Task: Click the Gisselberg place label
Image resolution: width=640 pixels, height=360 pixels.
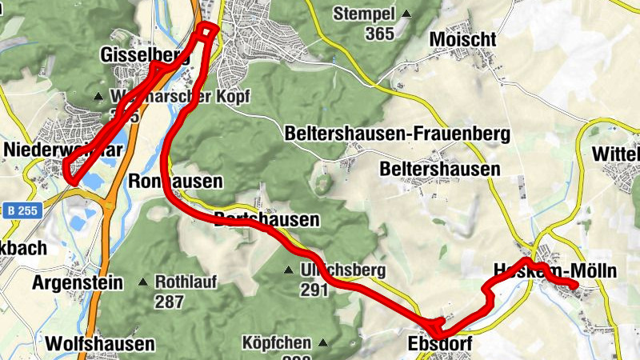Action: coord(144,55)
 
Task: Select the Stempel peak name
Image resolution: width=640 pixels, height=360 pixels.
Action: coord(365,14)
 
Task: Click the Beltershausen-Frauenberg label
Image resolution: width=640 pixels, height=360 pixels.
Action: coord(398,134)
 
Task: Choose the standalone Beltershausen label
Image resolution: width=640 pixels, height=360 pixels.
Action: coord(441,170)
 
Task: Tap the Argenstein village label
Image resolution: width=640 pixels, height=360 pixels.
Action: coord(78,282)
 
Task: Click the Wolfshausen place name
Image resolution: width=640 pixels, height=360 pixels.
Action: coord(100,344)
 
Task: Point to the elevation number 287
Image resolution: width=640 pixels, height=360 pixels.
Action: coord(170,302)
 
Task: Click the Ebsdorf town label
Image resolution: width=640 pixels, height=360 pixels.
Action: coord(440,344)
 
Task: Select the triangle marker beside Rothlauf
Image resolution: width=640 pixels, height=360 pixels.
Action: coord(142,282)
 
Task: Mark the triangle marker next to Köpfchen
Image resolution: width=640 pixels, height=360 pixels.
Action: coord(323,344)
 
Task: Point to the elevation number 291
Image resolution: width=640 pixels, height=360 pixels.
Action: coord(314,290)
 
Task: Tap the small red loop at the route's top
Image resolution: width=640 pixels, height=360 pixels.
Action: coord(207,30)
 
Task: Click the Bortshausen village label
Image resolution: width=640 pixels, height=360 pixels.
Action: coord(267,218)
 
